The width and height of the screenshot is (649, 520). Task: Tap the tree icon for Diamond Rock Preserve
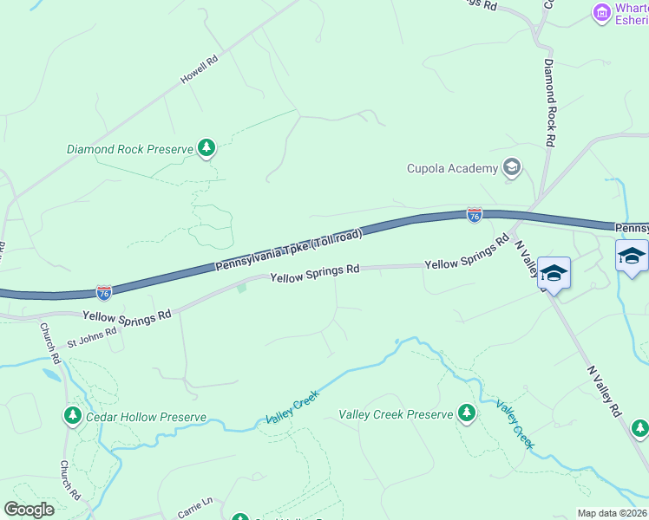click(x=206, y=148)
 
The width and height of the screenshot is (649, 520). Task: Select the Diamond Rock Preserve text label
click(x=129, y=149)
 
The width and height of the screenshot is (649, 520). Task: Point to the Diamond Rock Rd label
click(x=549, y=102)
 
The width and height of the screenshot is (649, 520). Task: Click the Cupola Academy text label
click(x=453, y=168)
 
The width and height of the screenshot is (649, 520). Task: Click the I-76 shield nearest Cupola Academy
click(x=474, y=215)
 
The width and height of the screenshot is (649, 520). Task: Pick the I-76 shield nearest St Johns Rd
click(x=104, y=293)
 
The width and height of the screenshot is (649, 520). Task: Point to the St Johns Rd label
click(x=91, y=336)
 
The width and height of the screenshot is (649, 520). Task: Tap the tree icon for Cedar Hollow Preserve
click(x=72, y=417)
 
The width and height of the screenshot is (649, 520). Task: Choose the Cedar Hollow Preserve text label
click(x=146, y=417)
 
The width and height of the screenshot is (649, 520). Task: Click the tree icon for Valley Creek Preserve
click(x=467, y=413)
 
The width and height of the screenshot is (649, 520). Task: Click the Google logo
click(x=29, y=510)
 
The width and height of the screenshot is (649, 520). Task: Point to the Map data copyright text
click(x=613, y=513)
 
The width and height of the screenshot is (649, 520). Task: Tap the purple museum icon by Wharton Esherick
click(x=600, y=12)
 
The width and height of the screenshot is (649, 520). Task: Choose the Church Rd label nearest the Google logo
click(x=70, y=479)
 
